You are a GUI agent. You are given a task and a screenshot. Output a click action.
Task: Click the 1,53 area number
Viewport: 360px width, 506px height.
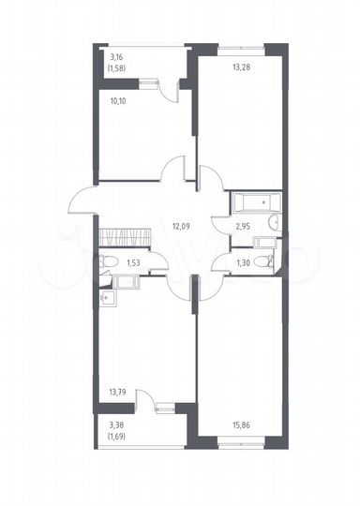point(134,263)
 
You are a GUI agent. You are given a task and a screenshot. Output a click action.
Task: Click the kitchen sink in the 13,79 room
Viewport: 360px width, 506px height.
point(108,299)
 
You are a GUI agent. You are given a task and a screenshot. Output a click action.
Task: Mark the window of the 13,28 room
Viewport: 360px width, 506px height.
point(241,45)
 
